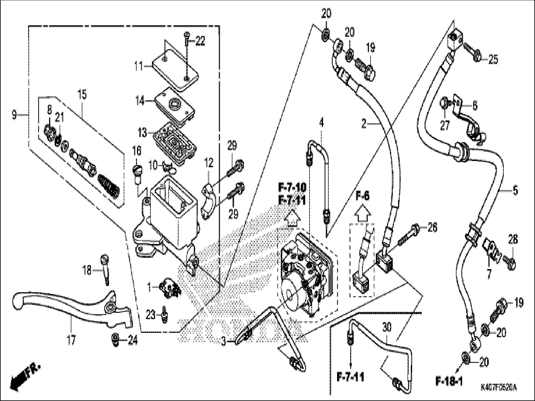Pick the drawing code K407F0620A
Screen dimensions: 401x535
498,388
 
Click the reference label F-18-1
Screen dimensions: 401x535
449,381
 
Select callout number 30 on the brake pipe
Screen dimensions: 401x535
387,327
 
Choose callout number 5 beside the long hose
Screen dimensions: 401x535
515,190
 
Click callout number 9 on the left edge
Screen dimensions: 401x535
14,115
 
